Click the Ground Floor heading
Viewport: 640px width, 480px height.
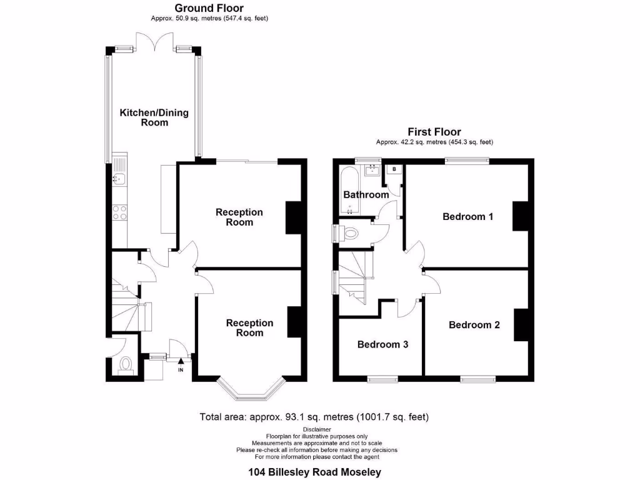pyautogui.click(x=209, y=8)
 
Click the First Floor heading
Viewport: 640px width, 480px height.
pyautogui.click(x=434, y=132)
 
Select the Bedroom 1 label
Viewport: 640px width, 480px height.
pyautogui.click(x=468, y=217)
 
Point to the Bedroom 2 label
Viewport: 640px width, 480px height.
pyautogui.click(x=474, y=325)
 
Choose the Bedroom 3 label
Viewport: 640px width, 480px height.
pyautogui.click(x=382, y=344)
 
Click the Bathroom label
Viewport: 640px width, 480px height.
pyautogui.click(x=366, y=195)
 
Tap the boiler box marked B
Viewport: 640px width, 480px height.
pyautogui.click(x=394, y=169)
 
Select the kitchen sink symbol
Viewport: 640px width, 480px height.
pyautogui.click(x=119, y=179)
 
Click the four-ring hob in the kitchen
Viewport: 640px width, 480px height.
pyautogui.click(x=119, y=212)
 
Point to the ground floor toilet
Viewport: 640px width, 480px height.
pyautogui.click(x=125, y=364)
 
